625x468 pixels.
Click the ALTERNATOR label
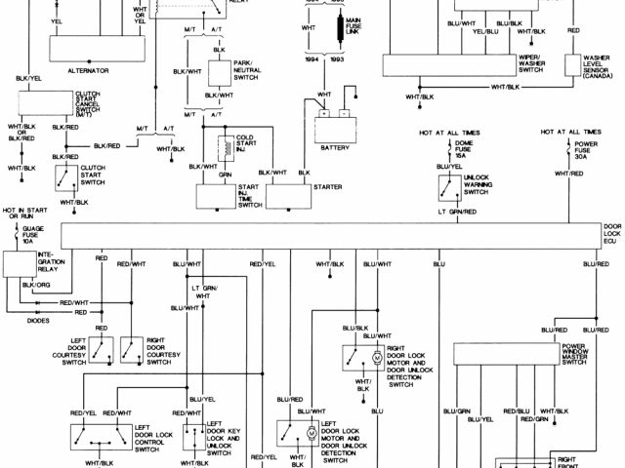(x=88, y=71)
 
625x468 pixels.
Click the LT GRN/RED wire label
(x=457, y=211)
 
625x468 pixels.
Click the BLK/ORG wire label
(x=35, y=285)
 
